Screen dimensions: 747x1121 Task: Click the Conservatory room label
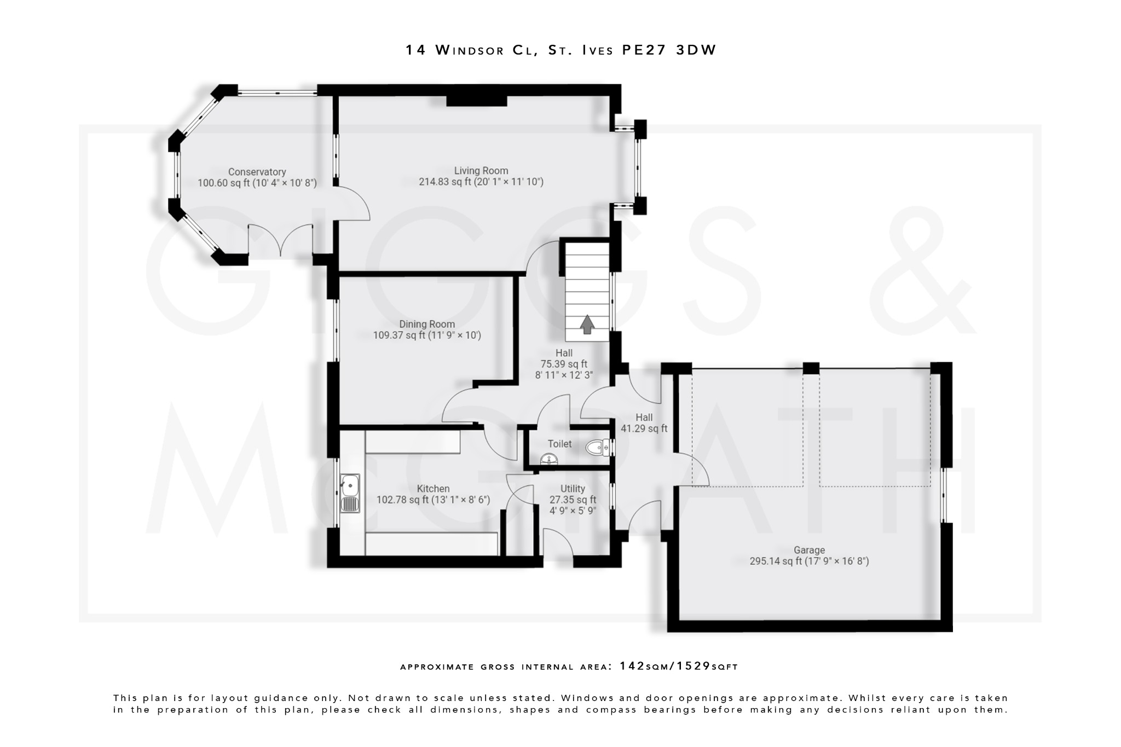[257, 172]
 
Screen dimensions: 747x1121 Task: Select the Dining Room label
[427, 324]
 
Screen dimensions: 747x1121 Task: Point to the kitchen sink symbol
[350, 493]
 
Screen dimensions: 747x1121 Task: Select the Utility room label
[573, 489]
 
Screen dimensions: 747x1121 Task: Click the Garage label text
[809, 550]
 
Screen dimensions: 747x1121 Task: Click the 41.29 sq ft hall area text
[644, 428]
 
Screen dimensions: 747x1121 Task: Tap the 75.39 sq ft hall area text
[564, 364]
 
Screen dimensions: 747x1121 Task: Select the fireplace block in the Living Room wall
[476, 101]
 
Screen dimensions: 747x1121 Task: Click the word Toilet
[559, 444]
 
